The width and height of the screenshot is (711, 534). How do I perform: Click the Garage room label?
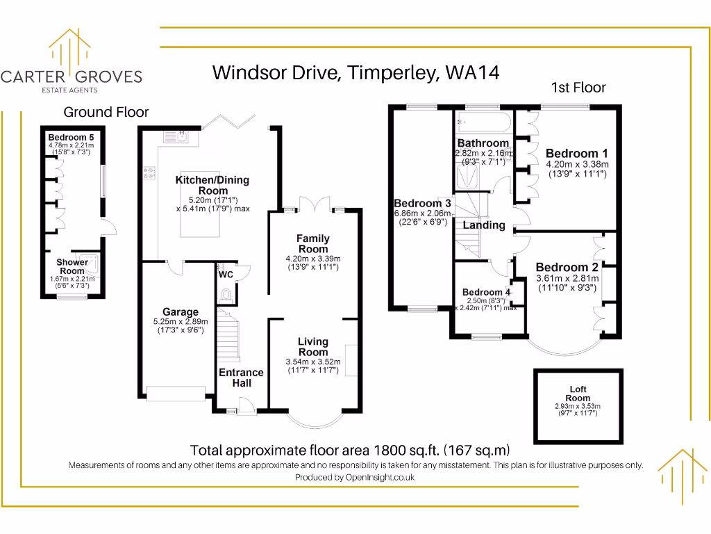181,312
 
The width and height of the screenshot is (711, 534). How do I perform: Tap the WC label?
226,275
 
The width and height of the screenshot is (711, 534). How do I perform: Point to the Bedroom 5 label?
71,137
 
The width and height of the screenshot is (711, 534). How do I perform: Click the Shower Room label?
72,266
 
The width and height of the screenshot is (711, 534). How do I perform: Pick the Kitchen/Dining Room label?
212,185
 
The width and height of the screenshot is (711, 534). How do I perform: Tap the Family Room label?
313,243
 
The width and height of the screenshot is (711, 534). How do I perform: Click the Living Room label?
312,346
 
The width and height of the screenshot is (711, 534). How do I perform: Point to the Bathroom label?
483,143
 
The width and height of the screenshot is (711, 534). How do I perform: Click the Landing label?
484,225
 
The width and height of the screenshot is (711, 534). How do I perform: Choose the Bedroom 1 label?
576,154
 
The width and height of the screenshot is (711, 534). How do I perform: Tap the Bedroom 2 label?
567,267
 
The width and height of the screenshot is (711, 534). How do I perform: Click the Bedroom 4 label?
487,292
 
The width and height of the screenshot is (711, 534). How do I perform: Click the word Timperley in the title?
391,72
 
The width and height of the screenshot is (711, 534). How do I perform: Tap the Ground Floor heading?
106,112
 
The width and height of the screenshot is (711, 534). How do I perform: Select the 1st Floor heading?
578,88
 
